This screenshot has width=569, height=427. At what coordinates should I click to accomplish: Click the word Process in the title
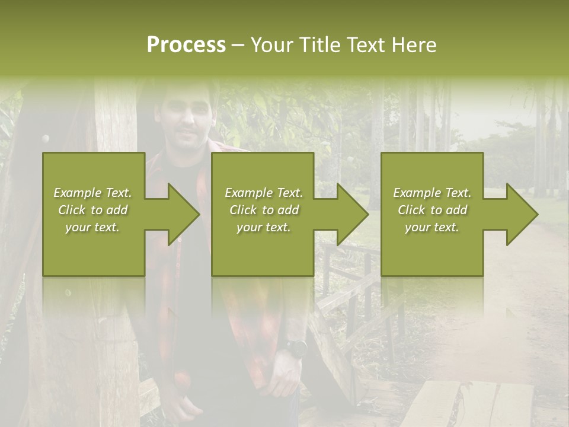(x=186, y=45)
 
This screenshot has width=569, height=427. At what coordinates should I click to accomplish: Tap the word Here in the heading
(x=415, y=45)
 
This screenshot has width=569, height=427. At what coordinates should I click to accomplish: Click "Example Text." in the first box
(x=92, y=193)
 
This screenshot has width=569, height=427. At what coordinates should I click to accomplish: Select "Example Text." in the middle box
(x=264, y=193)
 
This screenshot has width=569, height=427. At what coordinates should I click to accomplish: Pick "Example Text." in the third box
(x=432, y=193)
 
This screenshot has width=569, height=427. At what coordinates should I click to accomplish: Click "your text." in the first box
(x=92, y=227)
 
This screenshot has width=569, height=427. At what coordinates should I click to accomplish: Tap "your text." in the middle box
(x=264, y=227)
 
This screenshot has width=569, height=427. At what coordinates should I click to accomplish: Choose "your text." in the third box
(x=432, y=227)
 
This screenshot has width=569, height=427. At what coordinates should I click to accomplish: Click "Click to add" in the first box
(x=92, y=210)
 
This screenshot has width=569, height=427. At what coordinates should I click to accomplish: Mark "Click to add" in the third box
(x=432, y=210)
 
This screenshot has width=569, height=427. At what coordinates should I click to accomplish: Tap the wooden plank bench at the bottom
(x=468, y=403)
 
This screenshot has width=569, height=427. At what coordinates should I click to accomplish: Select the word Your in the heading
(x=274, y=45)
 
